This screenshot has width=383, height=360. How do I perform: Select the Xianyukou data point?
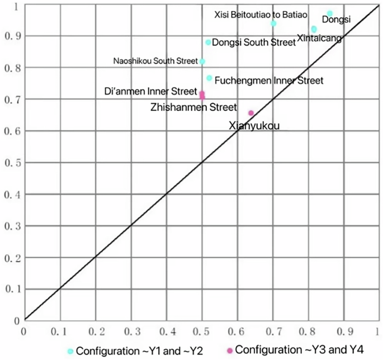(x=251, y=113)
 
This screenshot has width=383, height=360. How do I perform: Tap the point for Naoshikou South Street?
(x=202, y=61)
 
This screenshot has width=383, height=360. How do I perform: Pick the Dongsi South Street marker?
(x=209, y=42)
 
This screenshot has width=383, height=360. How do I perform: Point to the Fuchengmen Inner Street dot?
(x=210, y=78)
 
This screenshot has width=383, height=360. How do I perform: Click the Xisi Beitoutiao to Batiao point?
(x=273, y=23)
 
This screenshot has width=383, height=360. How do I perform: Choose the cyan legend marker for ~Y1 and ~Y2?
(x=70, y=351)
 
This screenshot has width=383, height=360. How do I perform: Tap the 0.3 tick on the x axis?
(x=130, y=330)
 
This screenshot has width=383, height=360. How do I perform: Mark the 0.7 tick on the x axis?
(x=272, y=330)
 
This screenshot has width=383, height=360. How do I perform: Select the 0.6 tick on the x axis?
(x=237, y=330)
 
